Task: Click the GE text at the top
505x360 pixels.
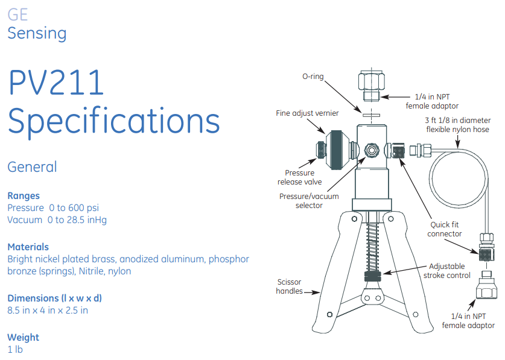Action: click(x=17, y=14)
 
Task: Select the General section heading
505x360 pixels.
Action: click(x=32, y=166)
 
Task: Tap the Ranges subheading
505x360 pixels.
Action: click(x=24, y=195)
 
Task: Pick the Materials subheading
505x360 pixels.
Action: click(x=28, y=247)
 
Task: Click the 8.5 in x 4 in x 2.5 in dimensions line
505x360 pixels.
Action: click(x=48, y=311)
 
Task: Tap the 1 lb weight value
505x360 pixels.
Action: click(x=15, y=349)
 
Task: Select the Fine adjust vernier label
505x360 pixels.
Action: click(x=306, y=113)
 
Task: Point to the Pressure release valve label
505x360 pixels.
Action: click(x=299, y=177)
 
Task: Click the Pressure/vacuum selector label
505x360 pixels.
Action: click(x=309, y=201)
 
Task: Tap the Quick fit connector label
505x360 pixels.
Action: click(x=445, y=229)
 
